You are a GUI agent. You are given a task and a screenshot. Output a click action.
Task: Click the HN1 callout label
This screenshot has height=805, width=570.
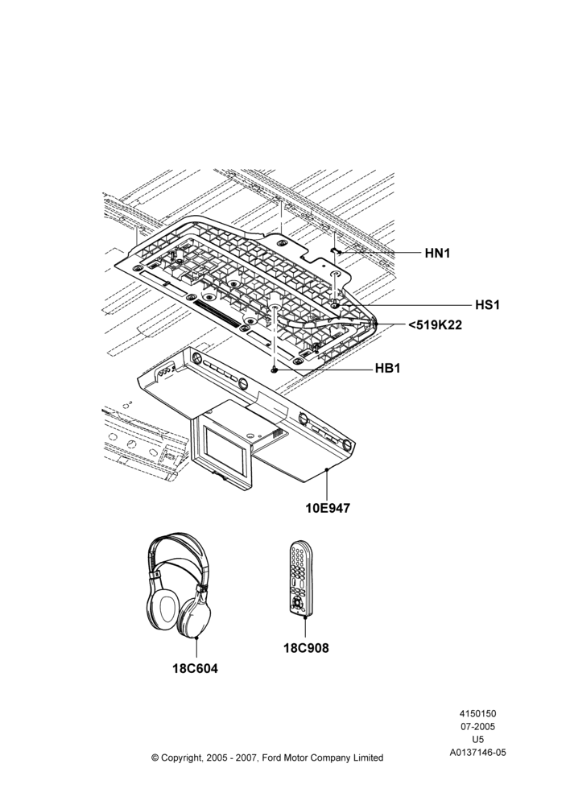click(x=437, y=253)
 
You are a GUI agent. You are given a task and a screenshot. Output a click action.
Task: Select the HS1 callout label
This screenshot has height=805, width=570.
click(x=487, y=305)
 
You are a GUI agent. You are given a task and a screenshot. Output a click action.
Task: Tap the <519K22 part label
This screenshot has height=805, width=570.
click(x=435, y=325)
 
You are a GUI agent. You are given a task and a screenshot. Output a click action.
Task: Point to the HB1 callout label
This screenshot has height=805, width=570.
click(x=388, y=369)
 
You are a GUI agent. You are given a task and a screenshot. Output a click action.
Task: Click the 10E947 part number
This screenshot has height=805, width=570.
click(x=328, y=508)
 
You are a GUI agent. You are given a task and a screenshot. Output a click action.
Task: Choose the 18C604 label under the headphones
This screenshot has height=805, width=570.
click(x=195, y=668)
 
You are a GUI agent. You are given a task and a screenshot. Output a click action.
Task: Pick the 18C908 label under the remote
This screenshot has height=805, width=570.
click(x=306, y=648)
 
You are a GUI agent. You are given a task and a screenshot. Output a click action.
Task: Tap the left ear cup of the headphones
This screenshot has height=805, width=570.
click(x=164, y=609)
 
